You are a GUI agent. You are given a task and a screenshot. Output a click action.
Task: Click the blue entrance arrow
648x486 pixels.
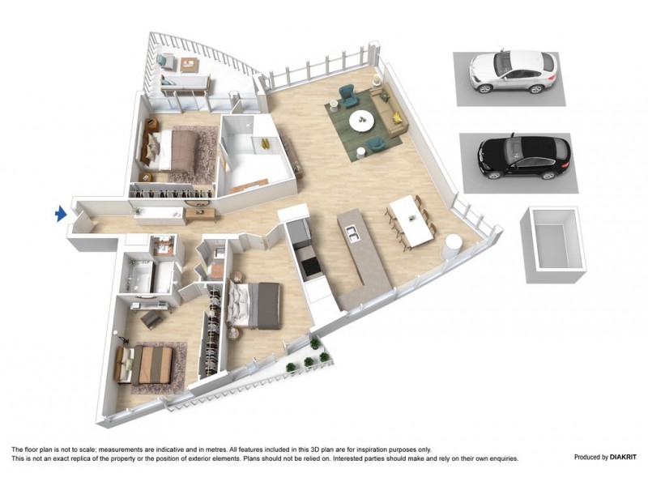click(x=59, y=214)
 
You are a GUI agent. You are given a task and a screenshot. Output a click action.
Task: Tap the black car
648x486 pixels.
click(x=523, y=156)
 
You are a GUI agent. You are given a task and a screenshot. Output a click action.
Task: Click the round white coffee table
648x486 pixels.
click(x=361, y=122)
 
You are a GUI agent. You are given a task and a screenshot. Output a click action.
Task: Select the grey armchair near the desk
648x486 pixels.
click(x=151, y=321)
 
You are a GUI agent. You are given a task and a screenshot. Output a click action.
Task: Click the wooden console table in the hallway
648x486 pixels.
click(x=200, y=214)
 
